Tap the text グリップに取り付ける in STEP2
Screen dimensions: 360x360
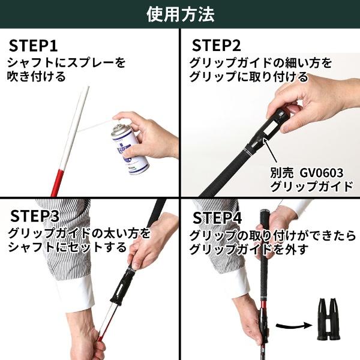click(x=248, y=77)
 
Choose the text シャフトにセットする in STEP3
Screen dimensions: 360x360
click(x=67, y=247)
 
